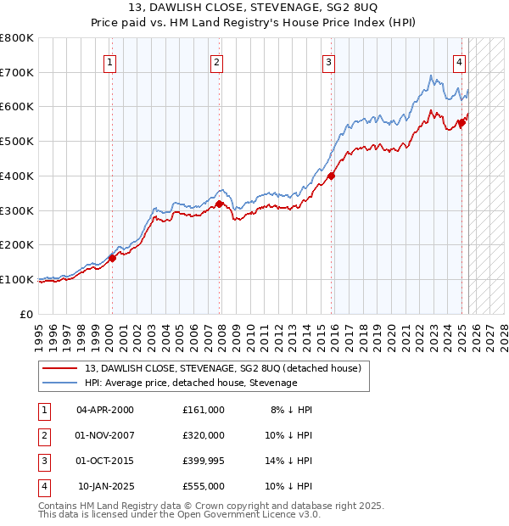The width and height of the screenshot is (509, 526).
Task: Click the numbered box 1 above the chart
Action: [x=111, y=61]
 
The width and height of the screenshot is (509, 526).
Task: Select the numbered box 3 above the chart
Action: [x=327, y=61]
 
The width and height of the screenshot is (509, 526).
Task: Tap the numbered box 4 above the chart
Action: [x=458, y=61]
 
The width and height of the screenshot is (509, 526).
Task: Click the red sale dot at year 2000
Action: [x=112, y=259]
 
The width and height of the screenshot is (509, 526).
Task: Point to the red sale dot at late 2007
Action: [x=219, y=204]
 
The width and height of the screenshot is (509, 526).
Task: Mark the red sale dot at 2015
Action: [x=331, y=176]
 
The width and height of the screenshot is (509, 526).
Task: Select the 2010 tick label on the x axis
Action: [x=250, y=332]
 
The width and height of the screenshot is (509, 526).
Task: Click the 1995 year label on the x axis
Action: [x=39, y=332]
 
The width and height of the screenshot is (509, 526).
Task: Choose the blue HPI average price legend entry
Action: [x=191, y=383]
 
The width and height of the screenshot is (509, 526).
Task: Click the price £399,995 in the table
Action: [x=203, y=462]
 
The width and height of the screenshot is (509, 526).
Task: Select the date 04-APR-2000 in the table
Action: [x=105, y=409]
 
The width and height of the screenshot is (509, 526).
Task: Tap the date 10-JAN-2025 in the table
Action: [x=105, y=487]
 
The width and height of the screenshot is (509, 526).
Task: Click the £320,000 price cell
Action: [x=203, y=435]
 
